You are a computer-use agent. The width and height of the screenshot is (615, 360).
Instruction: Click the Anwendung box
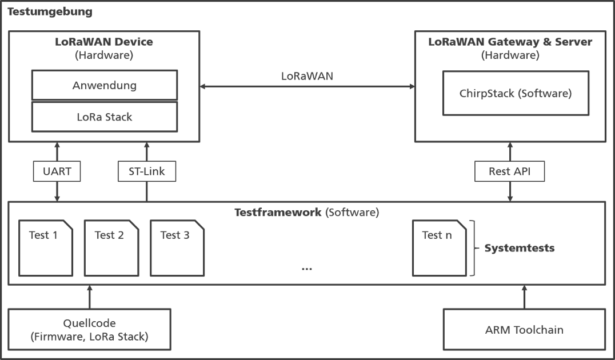tap(105, 85)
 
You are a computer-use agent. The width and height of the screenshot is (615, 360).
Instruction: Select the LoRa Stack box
tap(105, 117)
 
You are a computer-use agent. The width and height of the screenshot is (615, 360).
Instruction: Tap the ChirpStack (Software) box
tap(516, 93)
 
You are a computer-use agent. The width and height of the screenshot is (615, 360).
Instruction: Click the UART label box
tap(57, 171)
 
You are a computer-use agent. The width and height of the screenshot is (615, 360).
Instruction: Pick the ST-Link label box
tap(147, 171)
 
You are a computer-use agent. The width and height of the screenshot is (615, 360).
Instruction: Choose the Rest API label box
tap(509, 171)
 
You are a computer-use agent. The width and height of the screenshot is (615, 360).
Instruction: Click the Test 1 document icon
tap(46, 248)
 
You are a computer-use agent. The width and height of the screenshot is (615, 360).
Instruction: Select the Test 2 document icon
tap(111, 248)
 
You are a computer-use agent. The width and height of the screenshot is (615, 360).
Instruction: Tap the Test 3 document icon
tap(177, 248)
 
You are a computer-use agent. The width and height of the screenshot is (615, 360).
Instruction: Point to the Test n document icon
tap(440, 248)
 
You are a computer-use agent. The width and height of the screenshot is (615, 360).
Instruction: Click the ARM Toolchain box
tap(524, 329)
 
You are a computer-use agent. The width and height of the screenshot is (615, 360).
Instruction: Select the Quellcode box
tap(89, 329)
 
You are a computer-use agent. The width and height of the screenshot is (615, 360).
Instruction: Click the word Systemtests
tap(520, 248)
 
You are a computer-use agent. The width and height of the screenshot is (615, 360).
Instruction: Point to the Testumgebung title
tap(50, 12)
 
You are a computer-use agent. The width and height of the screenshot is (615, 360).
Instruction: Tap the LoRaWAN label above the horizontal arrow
tap(307, 76)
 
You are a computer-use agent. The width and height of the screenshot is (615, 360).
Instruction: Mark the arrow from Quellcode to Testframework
tap(89, 297)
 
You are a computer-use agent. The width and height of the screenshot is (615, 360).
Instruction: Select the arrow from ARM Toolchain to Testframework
tap(524, 297)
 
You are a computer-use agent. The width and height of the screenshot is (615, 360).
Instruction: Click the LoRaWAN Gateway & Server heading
tap(510, 42)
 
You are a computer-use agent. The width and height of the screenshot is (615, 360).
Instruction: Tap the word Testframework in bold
tap(278, 212)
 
